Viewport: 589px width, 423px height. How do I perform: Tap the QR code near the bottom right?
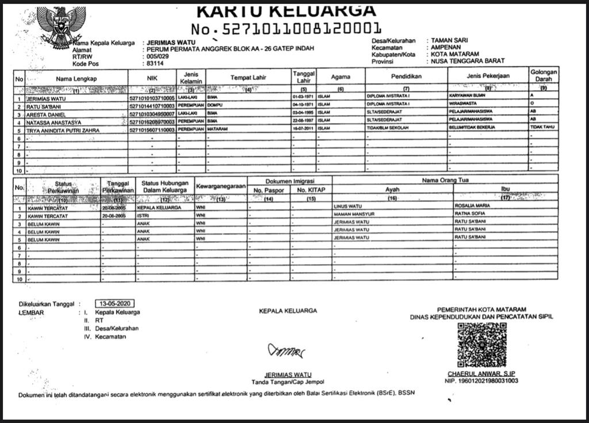click(x=481, y=345)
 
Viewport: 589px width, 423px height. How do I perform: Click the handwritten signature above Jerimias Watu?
click(x=285, y=350)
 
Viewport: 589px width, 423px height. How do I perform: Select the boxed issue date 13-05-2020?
click(x=116, y=303)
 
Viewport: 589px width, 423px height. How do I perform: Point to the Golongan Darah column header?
click(x=544, y=76)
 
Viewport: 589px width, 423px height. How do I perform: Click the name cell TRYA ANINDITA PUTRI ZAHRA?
click(x=63, y=131)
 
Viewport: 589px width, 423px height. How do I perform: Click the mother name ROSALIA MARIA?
click(x=472, y=205)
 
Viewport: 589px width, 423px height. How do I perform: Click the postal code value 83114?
click(x=155, y=64)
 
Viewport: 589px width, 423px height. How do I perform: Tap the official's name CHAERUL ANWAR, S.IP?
click(x=481, y=374)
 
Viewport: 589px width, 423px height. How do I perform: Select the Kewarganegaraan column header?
click(x=221, y=186)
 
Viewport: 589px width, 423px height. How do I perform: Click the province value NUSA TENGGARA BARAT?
click(x=468, y=61)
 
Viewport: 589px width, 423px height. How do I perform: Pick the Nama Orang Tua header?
click(x=445, y=180)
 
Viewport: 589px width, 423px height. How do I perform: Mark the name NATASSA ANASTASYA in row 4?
click(x=54, y=123)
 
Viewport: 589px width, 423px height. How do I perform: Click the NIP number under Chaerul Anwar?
click(x=481, y=381)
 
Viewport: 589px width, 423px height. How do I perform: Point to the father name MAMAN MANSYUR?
click(x=354, y=214)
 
